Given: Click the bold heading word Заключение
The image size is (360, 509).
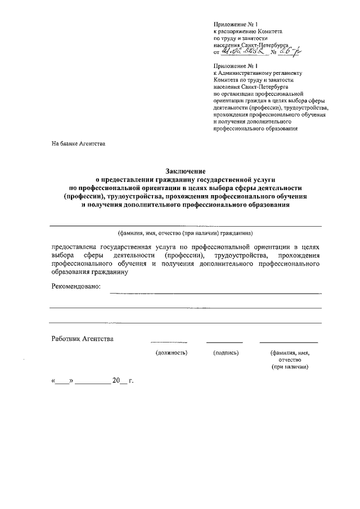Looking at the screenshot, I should click(186, 170).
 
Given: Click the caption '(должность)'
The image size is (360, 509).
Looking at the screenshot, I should click(171, 353).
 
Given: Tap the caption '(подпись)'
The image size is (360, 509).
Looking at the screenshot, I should click(226, 353).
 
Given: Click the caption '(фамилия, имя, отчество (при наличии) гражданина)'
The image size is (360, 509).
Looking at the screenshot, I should click(186, 233).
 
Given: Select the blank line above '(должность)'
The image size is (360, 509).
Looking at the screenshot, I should click(169, 342).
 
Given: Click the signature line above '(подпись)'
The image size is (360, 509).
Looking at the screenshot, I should click(224, 342).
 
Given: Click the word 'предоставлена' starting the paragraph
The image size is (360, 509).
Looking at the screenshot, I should click(74, 247).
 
